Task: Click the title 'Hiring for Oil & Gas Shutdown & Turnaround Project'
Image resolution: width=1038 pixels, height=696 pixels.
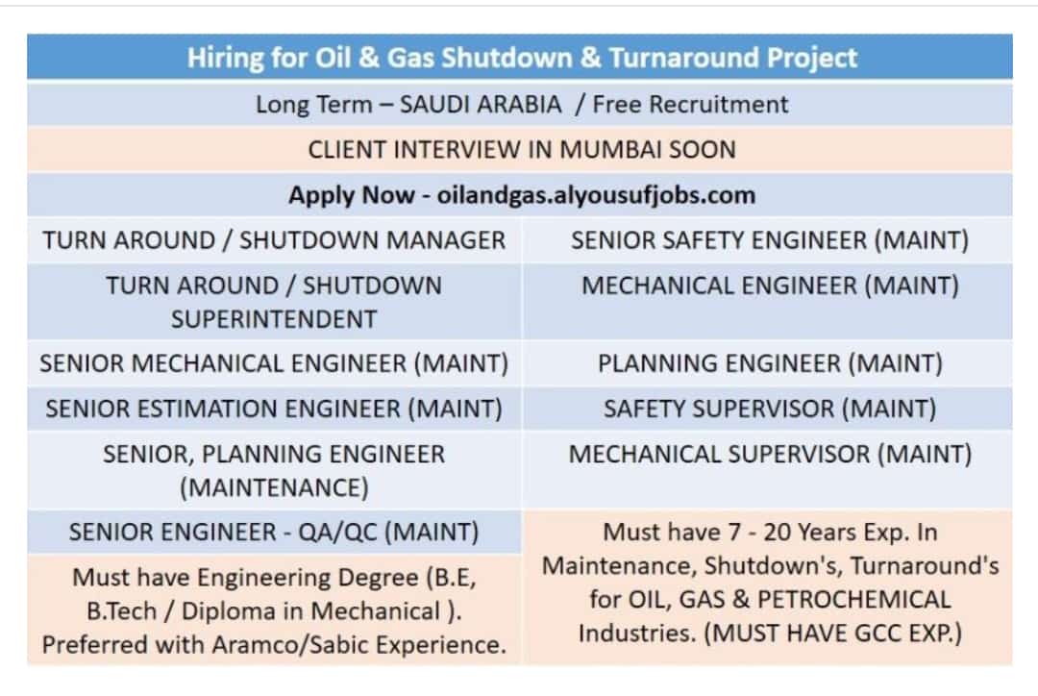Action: [x=522, y=58]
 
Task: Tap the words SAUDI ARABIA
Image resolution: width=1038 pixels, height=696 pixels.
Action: [x=481, y=104]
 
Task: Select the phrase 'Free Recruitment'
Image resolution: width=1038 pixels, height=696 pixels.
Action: [x=690, y=104]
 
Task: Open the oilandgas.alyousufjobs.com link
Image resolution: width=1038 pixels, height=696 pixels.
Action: [x=596, y=195]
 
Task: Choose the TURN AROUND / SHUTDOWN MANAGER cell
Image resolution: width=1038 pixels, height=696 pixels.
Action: [x=274, y=240]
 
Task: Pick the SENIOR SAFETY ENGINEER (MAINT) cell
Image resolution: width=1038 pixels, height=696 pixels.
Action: [x=770, y=240]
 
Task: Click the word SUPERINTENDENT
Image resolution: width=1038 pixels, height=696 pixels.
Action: [x=274, y=319]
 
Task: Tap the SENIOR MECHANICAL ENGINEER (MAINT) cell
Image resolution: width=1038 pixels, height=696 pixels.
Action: [x=274, y=363]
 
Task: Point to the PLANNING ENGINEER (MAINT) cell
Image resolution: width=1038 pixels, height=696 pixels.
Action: [x=770, y=363]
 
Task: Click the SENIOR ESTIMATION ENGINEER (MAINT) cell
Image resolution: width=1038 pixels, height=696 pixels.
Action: [x=274, y=409]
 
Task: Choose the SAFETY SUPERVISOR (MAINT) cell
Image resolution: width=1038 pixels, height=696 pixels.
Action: [x=770, y=409]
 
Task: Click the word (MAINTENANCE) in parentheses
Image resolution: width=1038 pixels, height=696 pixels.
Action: [x=274, y=488]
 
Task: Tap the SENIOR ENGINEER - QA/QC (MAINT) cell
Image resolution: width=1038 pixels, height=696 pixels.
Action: [x=274, y=533]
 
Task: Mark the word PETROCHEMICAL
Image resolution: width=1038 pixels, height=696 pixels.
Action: [x=854, y=600]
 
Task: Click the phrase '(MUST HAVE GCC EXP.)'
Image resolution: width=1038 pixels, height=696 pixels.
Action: [x=832, y=634]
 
